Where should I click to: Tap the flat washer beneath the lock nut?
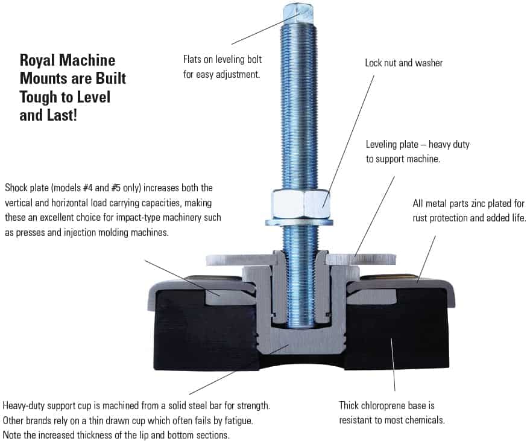click(299, 222)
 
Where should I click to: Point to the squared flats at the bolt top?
click(298, 13)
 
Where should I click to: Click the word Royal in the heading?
click(37, 61)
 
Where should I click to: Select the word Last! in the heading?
click(62, 115)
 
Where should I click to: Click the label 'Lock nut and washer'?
click(403, 63)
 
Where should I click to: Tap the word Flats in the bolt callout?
click(193, 59)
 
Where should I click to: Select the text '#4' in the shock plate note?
click(87, 188)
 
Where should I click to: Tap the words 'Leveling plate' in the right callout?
click(392, 144)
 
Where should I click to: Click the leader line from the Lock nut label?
click(348, 141)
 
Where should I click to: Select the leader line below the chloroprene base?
click(393, 364)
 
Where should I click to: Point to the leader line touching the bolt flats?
click(266, 28)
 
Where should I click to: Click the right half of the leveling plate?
click(361, 259)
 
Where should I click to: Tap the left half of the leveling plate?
click(241, 259)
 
